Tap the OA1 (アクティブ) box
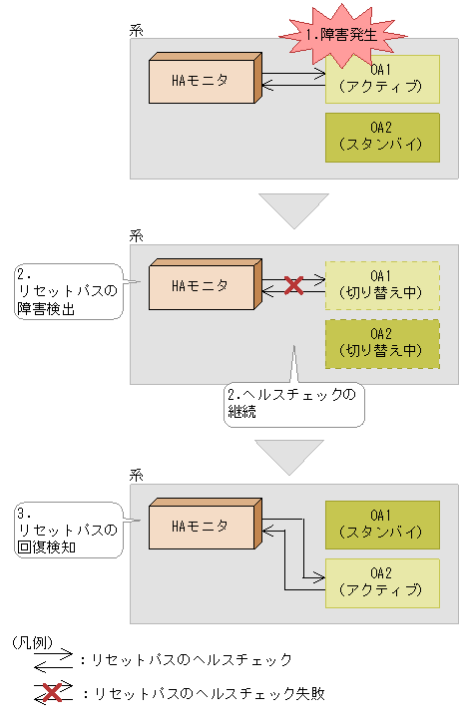pyautogui.click(x=382, y=80)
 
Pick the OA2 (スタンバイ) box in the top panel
pyautogui.click(x=382, y=137)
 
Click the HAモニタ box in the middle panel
pyautogui.click(x=204, y=286)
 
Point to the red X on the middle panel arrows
pyautogui.click(x=293, y=286)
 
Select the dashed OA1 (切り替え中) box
pyautogui.click(x=382, y=285)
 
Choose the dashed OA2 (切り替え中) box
pyautogui.click(x=382, y=343)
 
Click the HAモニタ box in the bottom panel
pyautogui.click(x=204, y=526)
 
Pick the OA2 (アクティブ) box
pyautogui.click(x=382, y=581)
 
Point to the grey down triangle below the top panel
pyautogui.click(x=292, y=210)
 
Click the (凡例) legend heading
pyautogui.click(x=34, y=643)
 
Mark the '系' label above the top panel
pyautogui.click(x=137, y=31)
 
